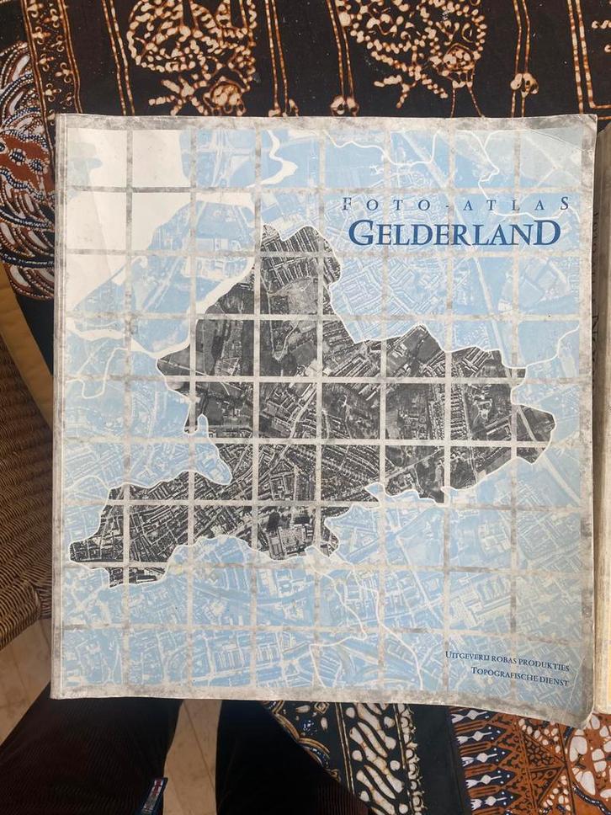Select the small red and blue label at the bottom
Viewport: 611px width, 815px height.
(155, 796)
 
